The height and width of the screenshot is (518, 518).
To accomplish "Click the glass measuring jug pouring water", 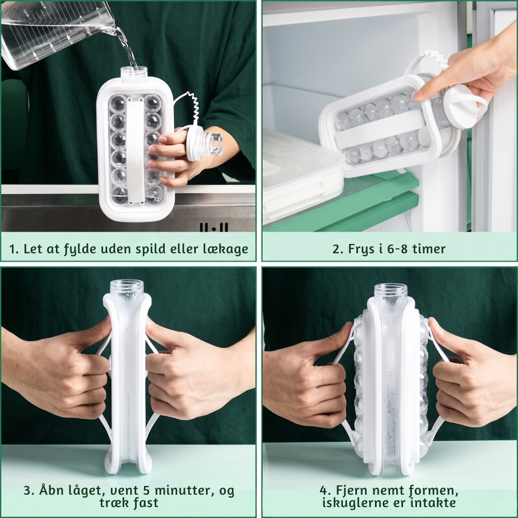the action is (56, 36).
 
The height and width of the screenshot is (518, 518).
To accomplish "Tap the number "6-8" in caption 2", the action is (399, 249).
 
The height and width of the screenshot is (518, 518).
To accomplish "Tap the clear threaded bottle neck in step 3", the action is (127, 288).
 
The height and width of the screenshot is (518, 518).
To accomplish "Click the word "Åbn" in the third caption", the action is (52, 490).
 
